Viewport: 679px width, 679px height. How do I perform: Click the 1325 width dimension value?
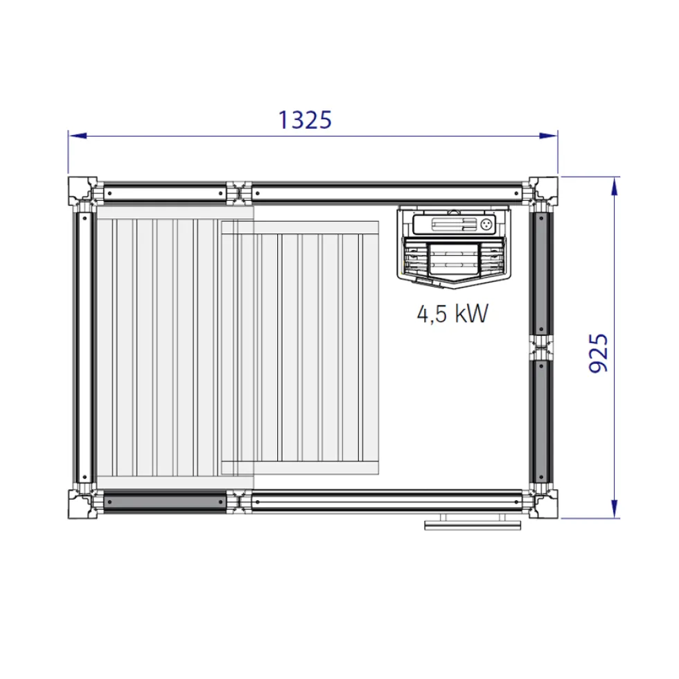305,120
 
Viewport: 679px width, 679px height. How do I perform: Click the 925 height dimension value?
599,353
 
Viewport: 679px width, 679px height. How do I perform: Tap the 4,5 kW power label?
452,313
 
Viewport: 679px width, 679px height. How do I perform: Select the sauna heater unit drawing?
454,247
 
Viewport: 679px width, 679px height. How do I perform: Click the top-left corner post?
82,191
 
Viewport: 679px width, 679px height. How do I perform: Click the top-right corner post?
543,191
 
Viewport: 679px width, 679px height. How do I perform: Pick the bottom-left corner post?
82,504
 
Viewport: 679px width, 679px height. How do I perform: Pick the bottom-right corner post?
543,504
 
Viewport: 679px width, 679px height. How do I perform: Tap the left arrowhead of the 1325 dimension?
78,136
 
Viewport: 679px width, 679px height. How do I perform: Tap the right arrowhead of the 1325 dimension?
548,136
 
